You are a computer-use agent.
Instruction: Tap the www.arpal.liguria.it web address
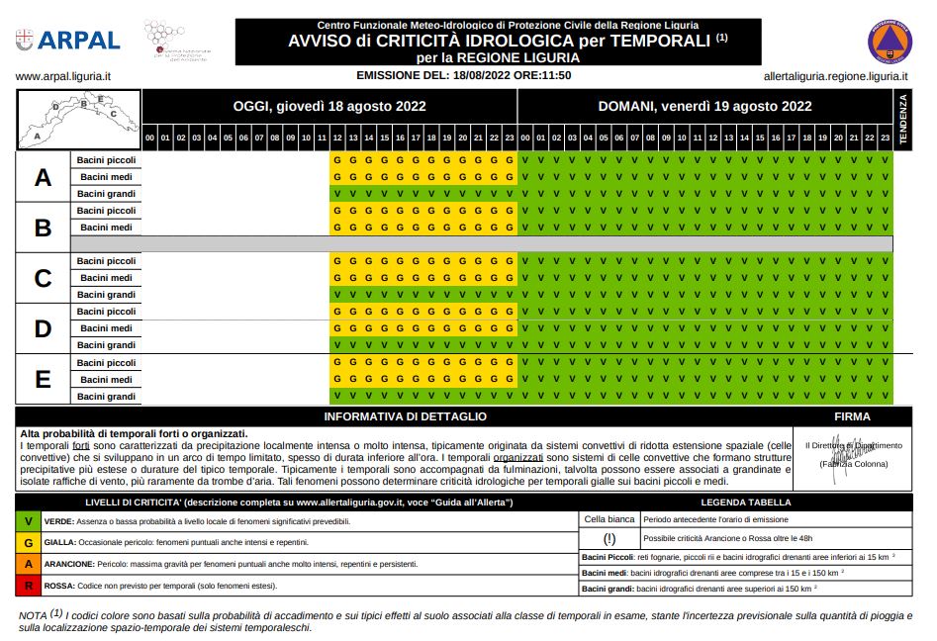63,76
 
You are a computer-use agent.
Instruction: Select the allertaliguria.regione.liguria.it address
836,76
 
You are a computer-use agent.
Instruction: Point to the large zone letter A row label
43,177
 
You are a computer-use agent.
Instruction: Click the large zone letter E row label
43,380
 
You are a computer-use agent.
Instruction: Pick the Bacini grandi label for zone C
106,295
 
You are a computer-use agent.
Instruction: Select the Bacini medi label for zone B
106,228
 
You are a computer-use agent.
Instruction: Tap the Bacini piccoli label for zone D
106,312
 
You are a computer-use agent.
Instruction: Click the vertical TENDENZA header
901,120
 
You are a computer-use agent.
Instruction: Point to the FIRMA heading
852,417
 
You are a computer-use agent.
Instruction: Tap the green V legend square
30,520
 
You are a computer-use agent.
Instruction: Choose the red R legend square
30,587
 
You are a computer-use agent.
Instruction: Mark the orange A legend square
30,564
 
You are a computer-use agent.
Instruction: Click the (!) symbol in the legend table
609,539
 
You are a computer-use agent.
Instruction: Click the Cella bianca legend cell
609,518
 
